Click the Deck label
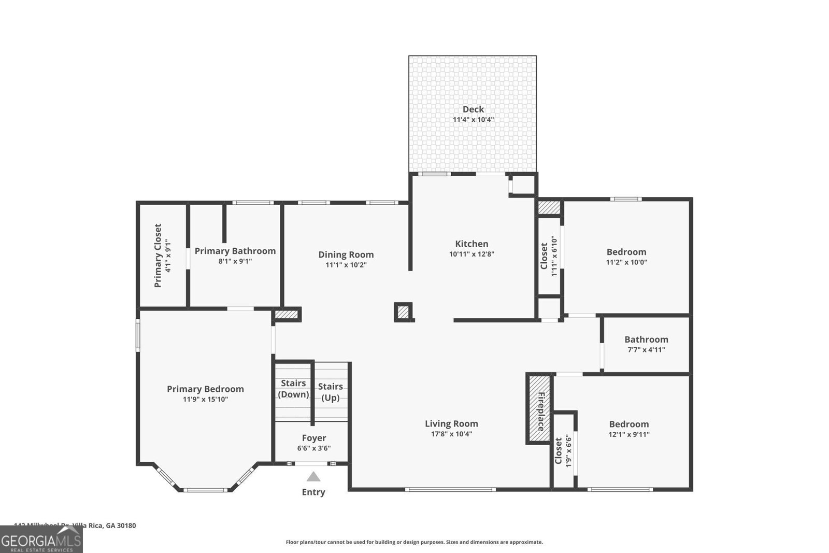[x=473, y=109]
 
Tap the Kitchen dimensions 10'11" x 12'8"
[x=471, y=254]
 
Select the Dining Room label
[x=346, y=254]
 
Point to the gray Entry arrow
[x=313, y=477]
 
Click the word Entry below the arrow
[x=313, y=492]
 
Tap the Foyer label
[x=314, y=438]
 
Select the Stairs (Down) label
[x=293, y=389]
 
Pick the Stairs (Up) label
[x=331, y=392]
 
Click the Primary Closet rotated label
[x=158, y=256]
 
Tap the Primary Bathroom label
[x=235, y=251]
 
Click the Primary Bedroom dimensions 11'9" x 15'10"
[x=205, y=400]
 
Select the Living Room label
[x=451, y=423]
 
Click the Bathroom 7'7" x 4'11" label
[x=646, y=344]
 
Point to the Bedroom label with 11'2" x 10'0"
[x=626, y=252]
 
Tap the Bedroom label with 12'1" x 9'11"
[x=629, y=424]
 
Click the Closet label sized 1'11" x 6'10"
[x=545, y=256]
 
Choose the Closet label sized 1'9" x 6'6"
[x=559, y=451]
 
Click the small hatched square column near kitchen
[x=403, y=312]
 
